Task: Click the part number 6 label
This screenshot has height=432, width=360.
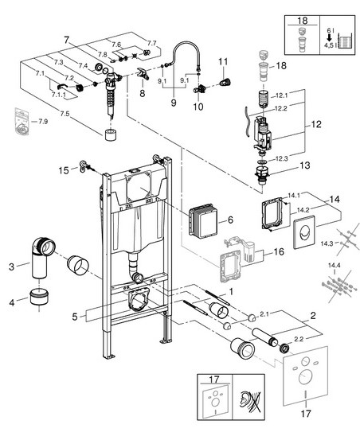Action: [230, 220]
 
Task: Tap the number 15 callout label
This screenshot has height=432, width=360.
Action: [64, 170]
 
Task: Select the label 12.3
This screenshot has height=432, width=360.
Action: [282, 158]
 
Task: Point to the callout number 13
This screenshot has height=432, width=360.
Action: [305, 165]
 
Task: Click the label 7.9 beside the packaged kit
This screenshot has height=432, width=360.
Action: [43, 122]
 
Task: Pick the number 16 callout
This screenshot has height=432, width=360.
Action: [279, 252]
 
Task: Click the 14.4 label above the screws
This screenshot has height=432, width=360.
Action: [334, 266]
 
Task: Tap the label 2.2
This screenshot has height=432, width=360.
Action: [299, 339]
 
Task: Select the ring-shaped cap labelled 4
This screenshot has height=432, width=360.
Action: [39, 297]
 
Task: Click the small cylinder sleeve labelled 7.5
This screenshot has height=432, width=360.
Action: [112, 134]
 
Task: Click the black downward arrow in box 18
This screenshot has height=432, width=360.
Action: [329, 38]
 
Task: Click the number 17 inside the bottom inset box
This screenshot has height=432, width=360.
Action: [214, 379]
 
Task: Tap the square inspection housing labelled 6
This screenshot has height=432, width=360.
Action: [203, 220]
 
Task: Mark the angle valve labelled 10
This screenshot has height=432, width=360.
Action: [200, 89]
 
